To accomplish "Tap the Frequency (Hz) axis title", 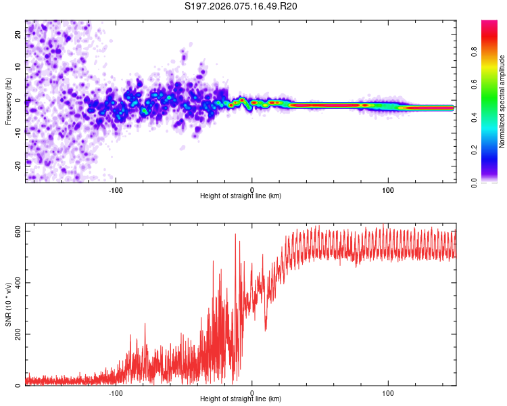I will pos(9,102).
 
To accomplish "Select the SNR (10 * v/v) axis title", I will pos(9,304).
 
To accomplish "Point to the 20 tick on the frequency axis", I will pos(18,36).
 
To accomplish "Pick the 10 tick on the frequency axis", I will pos(18,68).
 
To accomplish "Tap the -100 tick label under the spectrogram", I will pos(116,189).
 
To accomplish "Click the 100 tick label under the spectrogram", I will pos(388,189).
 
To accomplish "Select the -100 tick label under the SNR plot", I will pos(116,392).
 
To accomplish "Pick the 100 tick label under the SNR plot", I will pos(388,392).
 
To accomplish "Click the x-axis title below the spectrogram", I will pos(241,196).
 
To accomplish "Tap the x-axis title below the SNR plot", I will pos(241,399).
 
